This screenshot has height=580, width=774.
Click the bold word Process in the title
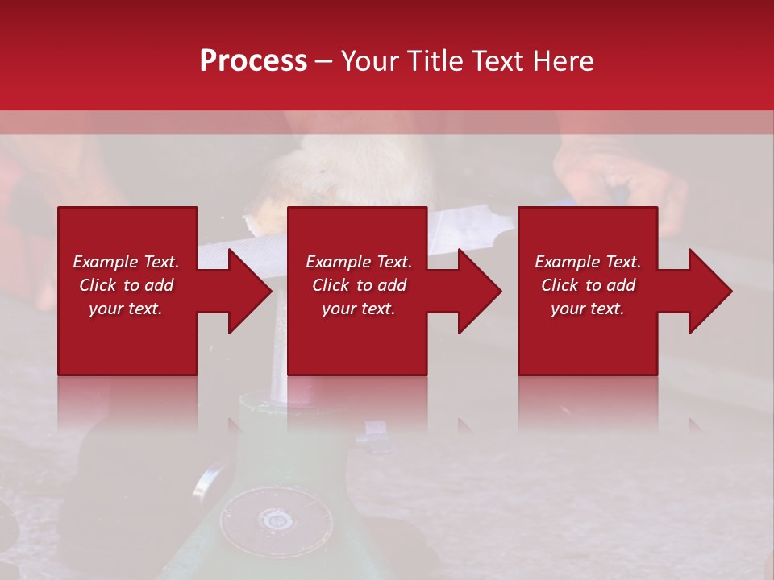click(253, 60)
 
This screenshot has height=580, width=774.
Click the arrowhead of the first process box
click(250, 291)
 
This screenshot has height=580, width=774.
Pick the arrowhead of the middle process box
click(481, 291)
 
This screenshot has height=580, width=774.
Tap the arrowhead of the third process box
click(710, 291)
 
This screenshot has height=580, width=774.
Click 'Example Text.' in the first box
click(126, 262)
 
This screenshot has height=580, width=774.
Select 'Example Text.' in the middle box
click(358, 262)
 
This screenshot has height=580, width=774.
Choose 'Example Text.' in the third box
click(588, 262)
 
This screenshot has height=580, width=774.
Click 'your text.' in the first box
click(126, 309)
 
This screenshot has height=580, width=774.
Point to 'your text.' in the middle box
click(358, 309)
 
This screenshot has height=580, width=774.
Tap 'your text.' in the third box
click(588, 309)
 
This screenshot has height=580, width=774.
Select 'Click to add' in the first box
click(126, 285)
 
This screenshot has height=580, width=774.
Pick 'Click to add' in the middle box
click(358, 285)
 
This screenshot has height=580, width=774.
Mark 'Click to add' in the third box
click(588, 285)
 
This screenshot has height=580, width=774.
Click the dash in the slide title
click(324, 61)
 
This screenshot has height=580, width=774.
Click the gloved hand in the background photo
click(621, 173)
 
